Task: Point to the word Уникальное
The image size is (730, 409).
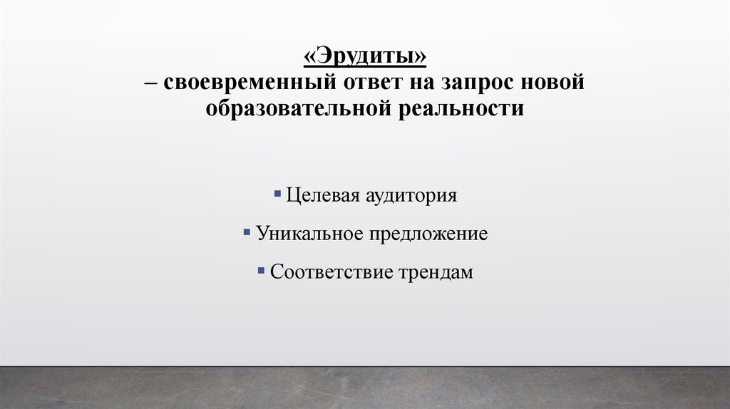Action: coord(309,234)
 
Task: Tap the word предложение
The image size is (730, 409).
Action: coord(428,234)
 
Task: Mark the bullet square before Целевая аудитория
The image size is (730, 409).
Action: coord(277,192)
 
